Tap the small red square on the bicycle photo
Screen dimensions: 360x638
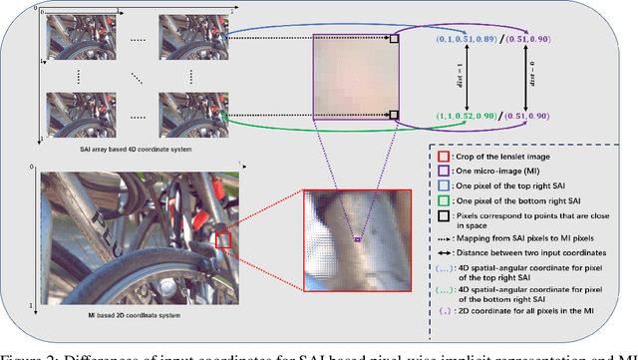point(222,239)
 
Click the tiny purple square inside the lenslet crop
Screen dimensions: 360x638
point(357,239)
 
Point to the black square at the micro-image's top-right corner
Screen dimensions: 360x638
point(394,40)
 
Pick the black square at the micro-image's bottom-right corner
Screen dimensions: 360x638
point(394,115)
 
